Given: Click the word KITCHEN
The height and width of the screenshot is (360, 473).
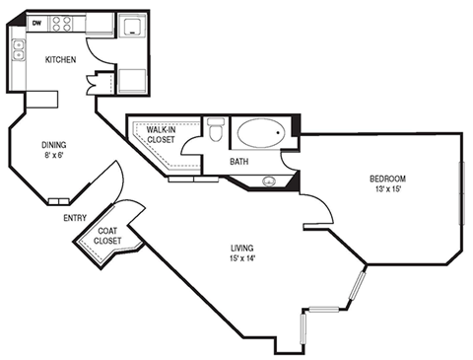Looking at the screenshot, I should [60, 60].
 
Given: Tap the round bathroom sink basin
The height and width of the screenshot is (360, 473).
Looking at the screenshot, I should [268, 180].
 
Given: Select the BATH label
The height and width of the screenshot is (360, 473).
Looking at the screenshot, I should [239, 161].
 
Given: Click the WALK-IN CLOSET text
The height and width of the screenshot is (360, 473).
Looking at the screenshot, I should [162, 134].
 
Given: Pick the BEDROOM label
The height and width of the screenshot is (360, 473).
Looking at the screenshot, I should [387, 178].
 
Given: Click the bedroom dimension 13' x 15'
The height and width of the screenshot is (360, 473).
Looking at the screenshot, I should [387, 189].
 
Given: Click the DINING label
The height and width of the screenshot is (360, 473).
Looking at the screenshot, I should [54, 142].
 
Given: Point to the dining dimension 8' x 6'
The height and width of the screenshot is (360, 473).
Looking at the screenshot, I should [54, 154].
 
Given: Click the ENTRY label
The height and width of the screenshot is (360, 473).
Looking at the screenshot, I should [74, 218].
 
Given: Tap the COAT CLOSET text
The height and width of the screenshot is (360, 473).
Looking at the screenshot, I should [108, 236].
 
